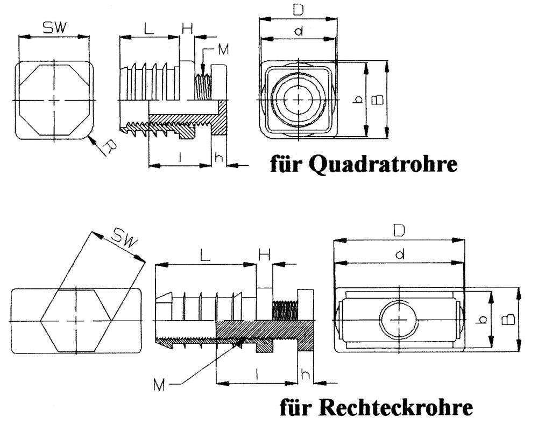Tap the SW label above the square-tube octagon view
[x=53, y=29]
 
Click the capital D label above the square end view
[x=298, y=9]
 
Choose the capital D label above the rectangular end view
[x=399, y=230]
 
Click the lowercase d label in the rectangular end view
[x=399, y=255]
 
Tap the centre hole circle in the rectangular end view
[x=398, y=320]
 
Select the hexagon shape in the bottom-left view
[x=76, y=320]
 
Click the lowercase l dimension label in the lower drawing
[x=257, y=374]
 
